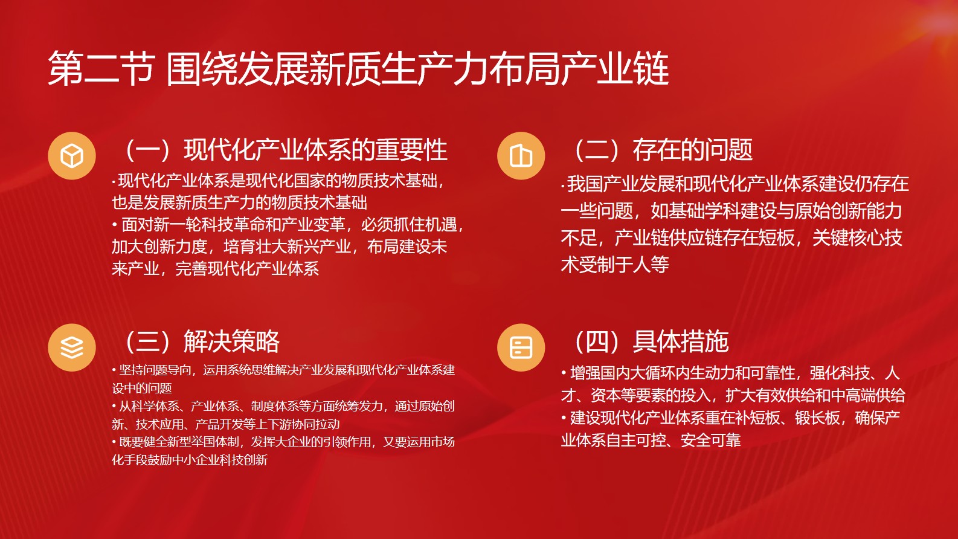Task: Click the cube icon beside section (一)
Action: (x=72, y=156)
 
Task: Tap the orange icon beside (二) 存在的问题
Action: (x=521, y=156)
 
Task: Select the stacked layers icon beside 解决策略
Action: (x=72, y=347)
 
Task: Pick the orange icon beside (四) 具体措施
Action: (x=521, y=347)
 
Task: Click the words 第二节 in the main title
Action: (x=100, y=69)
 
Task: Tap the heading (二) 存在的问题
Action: (x=661, y=150)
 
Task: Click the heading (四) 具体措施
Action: (x=649, y=341)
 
